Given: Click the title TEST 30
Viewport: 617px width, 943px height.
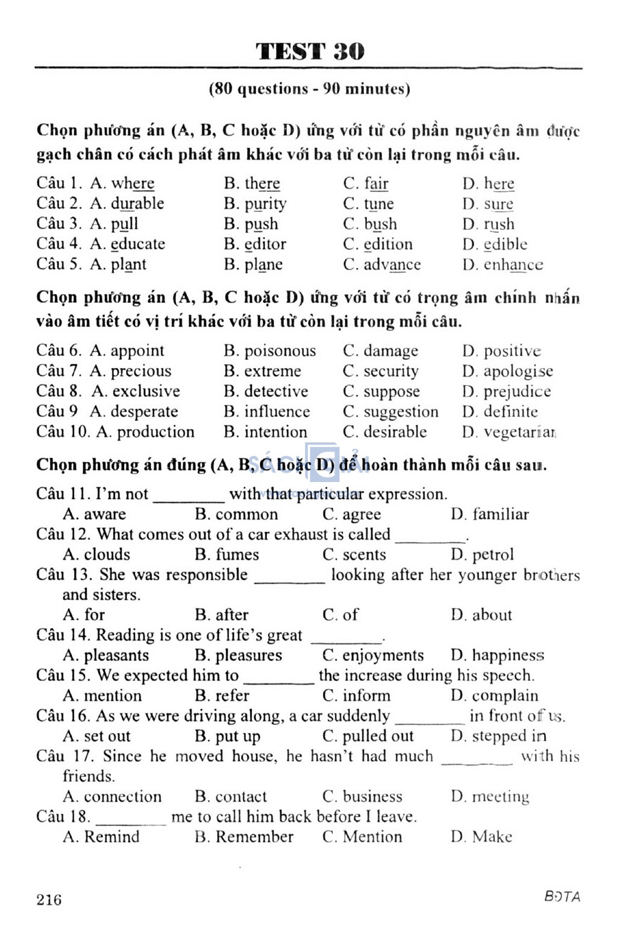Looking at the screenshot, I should pos(310,51).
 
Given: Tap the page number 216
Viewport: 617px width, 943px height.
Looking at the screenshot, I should pos(49,899).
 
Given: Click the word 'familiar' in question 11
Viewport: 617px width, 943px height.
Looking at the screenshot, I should pos(500,514).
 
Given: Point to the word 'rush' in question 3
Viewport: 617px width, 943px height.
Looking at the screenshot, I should pos(499,224).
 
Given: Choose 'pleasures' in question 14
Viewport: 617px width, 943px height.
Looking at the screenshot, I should pos(248,655).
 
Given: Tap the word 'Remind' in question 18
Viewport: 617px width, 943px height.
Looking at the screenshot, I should pos(111,836).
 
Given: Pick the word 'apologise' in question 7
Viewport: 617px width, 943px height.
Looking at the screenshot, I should pos(518,371).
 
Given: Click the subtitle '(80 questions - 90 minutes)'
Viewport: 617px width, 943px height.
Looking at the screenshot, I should pos(309,89).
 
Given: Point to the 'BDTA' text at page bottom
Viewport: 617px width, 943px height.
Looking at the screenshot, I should pos(562,897).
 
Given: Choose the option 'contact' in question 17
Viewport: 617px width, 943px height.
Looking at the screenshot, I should pos(241,796).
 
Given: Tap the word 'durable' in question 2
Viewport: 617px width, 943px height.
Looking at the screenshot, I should pos(137,203).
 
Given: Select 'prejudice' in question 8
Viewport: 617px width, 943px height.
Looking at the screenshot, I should pos(517,392).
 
